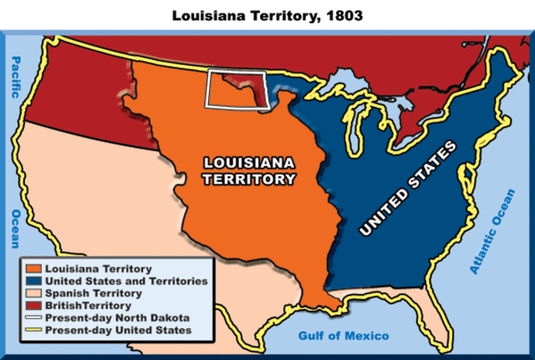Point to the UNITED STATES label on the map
pyautogui.click(x=406, y=188)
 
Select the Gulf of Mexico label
pyautogui.click(x=344, y=336)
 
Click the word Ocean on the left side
pyautogui.click(x=14, y=229)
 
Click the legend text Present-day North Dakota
pyautogui.click(x=116, y=319)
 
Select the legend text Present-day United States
pyautogui.click(x=120, y=332)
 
